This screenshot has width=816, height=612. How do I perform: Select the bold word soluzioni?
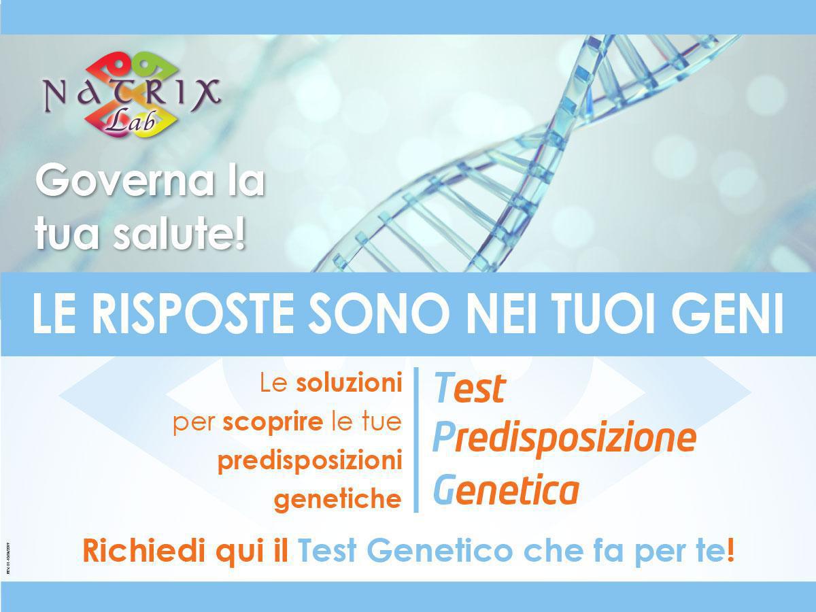[x=349, y=384]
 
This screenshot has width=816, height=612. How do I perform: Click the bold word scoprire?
[x=273, y=423]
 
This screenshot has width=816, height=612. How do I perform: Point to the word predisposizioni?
[x=309, y=462]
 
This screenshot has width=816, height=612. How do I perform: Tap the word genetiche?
[x=337, y=500]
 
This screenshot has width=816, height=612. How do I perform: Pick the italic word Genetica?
[x=506, y=490]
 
